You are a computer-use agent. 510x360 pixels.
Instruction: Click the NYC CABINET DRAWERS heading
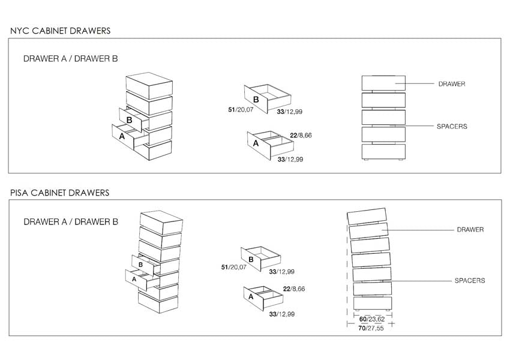click(x=60, y=31)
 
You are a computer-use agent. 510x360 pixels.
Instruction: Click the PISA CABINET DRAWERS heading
click(x=60, y=193)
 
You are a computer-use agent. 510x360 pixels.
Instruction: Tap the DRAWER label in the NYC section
click(x=452, y=84)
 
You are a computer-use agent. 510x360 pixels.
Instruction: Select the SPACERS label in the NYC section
click(x=452, y=127)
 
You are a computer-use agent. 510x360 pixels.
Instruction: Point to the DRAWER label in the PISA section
click(x=470, y=230)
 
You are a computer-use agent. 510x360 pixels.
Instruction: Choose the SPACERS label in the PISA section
click(x=470, y=280)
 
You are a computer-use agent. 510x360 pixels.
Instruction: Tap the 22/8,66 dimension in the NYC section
click(x=301, y=136)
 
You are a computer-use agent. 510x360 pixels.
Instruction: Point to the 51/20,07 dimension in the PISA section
click(x=234, y=267)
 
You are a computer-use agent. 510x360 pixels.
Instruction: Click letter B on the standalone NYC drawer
click(x=256, y=100)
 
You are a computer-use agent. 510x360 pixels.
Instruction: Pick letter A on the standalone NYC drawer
click(x=256, y=143)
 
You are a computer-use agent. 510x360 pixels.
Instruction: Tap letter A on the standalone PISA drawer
click(x=251, y=296)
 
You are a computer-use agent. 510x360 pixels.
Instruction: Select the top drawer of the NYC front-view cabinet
click(x=383, y=83)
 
